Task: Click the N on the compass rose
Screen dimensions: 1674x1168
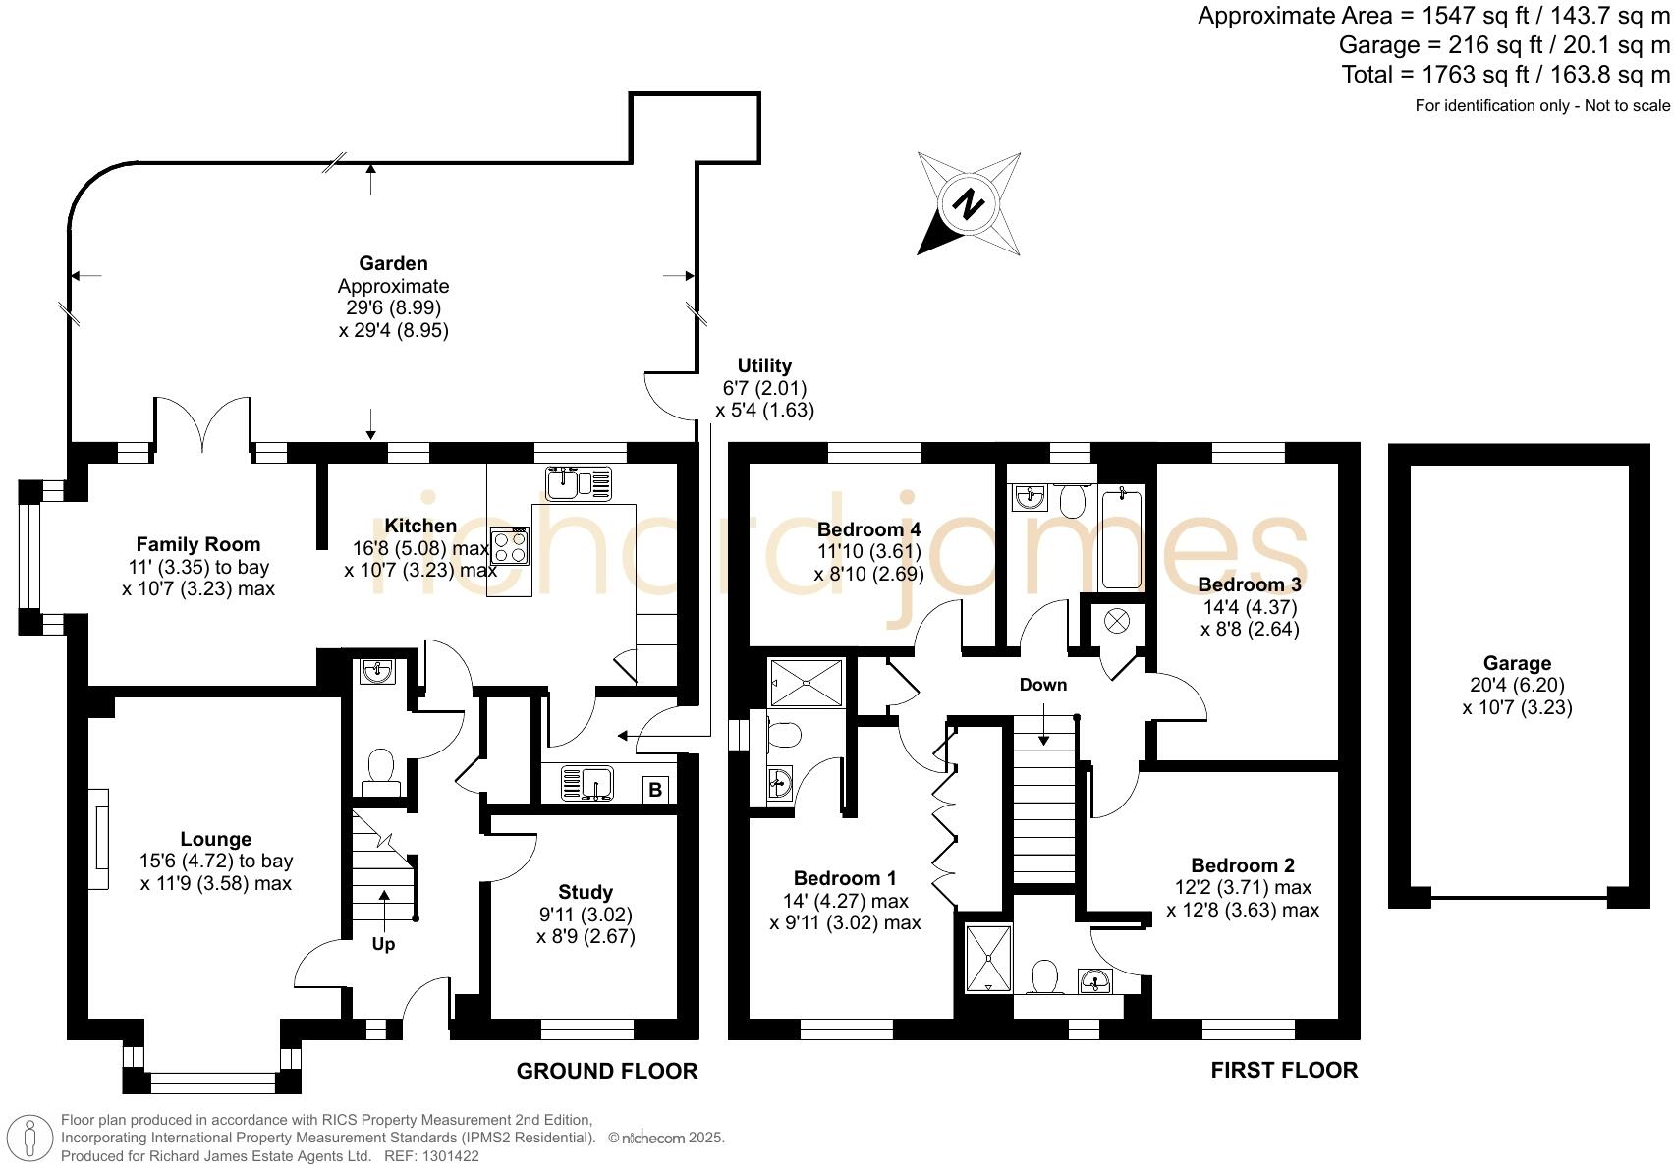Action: tap(969, 204)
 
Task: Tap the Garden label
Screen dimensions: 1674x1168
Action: tap(393, 264)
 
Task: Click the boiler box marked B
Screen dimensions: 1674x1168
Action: tap(655, 790)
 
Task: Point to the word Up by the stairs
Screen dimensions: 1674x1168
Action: tap(383, 945)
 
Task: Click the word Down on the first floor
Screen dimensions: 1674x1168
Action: tap(1043, 685)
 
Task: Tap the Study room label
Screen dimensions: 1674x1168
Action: tap(586, 892)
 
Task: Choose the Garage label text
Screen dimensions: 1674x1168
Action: tap(1517, 664)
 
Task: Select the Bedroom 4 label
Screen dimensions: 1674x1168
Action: tap(869, 529)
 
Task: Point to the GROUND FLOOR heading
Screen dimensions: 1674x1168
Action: tap(607, 1071)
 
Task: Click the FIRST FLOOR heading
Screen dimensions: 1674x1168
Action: tap(1284, 1070)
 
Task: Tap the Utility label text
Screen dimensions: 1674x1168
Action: tap(764, 365)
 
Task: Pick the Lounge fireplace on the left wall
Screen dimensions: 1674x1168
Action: tap(98, 839)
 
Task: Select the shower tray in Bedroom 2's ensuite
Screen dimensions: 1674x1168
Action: tap(988, 959)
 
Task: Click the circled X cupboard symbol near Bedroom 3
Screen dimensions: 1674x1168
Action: tap(1117, 621)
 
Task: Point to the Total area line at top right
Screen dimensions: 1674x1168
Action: tap(1505, 75)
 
